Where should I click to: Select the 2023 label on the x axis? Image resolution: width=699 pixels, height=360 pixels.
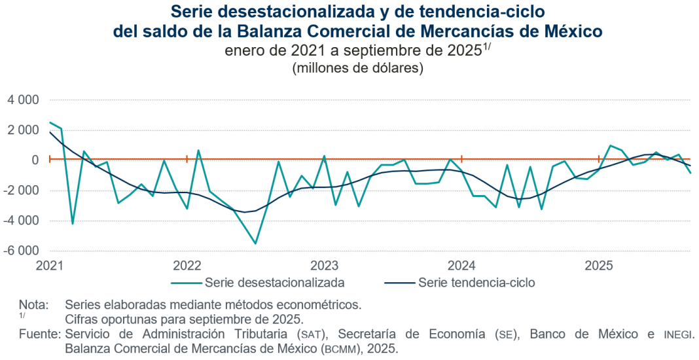tap(324, 266)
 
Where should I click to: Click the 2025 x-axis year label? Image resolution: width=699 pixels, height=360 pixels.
tap(599, 266)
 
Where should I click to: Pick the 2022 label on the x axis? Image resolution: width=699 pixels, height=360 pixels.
tap(187, 266)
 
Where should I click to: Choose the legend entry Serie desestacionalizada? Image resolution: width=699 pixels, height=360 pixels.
tap(274, 283)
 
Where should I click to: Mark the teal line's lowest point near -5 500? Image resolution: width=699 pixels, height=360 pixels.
tap(255, 243)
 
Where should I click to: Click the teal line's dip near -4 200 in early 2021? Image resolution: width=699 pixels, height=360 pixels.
tap(73, 224)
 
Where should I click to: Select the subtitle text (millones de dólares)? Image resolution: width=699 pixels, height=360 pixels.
tap(357, 67)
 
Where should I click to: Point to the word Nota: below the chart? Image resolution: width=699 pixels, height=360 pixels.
tap(34, 304)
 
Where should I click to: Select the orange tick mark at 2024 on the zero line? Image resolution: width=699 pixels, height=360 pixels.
tap(461, 158)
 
